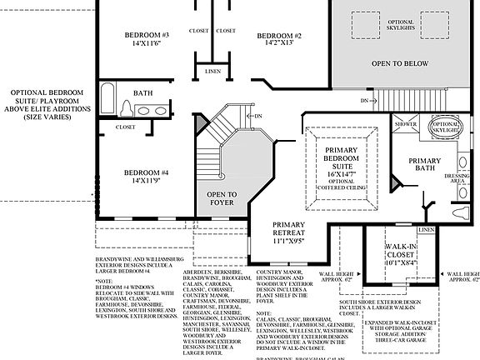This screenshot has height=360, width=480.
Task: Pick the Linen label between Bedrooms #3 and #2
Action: (213, 72)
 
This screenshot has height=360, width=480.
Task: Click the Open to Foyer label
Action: (222, 198)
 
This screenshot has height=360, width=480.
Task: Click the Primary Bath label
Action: (424, 165)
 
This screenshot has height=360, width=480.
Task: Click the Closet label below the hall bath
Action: (126, 127)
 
